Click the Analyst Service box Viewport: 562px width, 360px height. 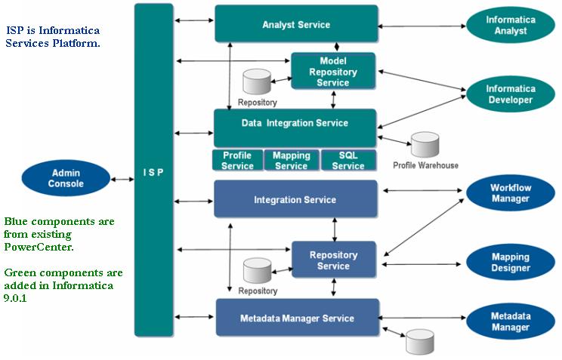click(295, 24)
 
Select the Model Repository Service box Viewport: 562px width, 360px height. click(333, 72)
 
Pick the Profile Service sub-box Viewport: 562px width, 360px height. click(237, 160)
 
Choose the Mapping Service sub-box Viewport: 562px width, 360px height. click(291, 160)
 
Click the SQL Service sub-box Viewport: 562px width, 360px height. click(347, 160)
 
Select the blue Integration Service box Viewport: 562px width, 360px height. click(295, 200)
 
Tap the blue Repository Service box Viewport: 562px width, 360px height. click(333, 260)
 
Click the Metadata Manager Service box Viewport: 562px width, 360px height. click(297, 318)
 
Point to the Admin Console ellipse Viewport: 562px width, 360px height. click(66, 178)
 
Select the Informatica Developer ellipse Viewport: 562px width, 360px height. click(510, 94)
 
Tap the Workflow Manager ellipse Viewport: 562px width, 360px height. click(510, 193)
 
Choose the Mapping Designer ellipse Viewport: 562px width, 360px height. click(510, 262)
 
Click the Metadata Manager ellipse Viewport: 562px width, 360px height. click(510, 321)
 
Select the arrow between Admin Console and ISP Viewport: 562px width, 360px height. click(121, 179)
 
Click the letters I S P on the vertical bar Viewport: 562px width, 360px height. click(154, 172)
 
